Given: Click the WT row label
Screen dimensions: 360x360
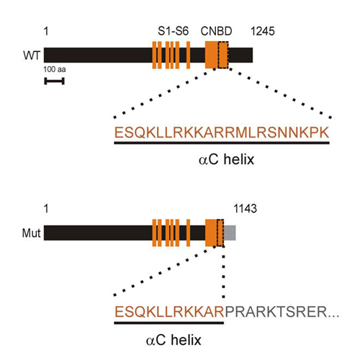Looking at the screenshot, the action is [32, 55].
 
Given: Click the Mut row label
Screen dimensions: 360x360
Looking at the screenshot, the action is [31, 233].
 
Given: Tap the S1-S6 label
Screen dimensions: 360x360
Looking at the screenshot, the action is [174, 31].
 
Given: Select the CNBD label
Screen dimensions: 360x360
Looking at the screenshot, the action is [217, 31].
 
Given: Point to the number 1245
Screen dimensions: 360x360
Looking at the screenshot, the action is [263, 31].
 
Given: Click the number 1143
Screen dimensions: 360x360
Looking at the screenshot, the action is [246, 209].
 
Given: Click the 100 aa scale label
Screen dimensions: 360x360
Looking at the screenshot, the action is [55, 69].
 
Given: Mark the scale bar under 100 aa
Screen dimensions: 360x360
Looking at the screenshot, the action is [54, 81].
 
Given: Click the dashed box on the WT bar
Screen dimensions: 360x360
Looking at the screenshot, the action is [223, 55].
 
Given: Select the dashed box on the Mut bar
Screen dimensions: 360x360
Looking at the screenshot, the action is [220, 233].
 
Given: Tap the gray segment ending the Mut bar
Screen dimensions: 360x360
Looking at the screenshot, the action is [230, 233].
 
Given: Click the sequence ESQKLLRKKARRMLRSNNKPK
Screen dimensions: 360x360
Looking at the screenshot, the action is [222, 132].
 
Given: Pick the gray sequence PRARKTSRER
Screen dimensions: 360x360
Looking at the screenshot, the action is [276, 312].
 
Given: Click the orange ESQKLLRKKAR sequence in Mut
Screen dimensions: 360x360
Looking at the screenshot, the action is [169, 312].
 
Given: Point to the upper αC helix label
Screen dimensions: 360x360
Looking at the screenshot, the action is [226, 159].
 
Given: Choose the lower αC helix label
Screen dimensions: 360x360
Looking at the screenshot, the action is [174, 340].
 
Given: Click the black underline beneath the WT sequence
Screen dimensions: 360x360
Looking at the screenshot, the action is [222, 143].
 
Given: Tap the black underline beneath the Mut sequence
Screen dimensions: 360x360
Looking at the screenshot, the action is [169, 323].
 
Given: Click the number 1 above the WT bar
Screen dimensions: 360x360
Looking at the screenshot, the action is [46, 31].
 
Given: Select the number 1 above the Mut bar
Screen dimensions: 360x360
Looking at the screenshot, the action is [46, 209].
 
